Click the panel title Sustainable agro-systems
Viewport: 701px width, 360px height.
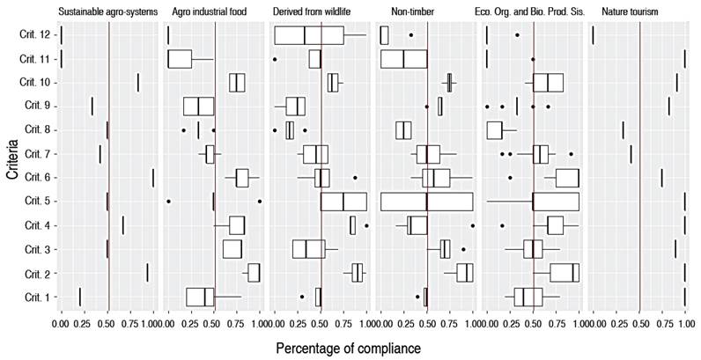click(x=107, y=11)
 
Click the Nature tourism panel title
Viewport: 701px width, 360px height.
click(x=631, y=11)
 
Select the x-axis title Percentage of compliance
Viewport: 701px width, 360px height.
click(x=349, y=348)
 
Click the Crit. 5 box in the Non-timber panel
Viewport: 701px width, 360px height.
click(x=426, y=202)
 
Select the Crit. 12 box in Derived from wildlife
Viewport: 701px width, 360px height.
click(x=309, y=35)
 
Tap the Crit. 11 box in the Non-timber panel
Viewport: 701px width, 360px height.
click(x=403, y=59)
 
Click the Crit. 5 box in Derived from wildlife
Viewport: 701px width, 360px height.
click(x=343, y=202)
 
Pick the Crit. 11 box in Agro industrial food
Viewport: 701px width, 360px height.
click(x=180, y=59)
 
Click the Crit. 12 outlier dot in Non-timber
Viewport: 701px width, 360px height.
click(x=411, y=35)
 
